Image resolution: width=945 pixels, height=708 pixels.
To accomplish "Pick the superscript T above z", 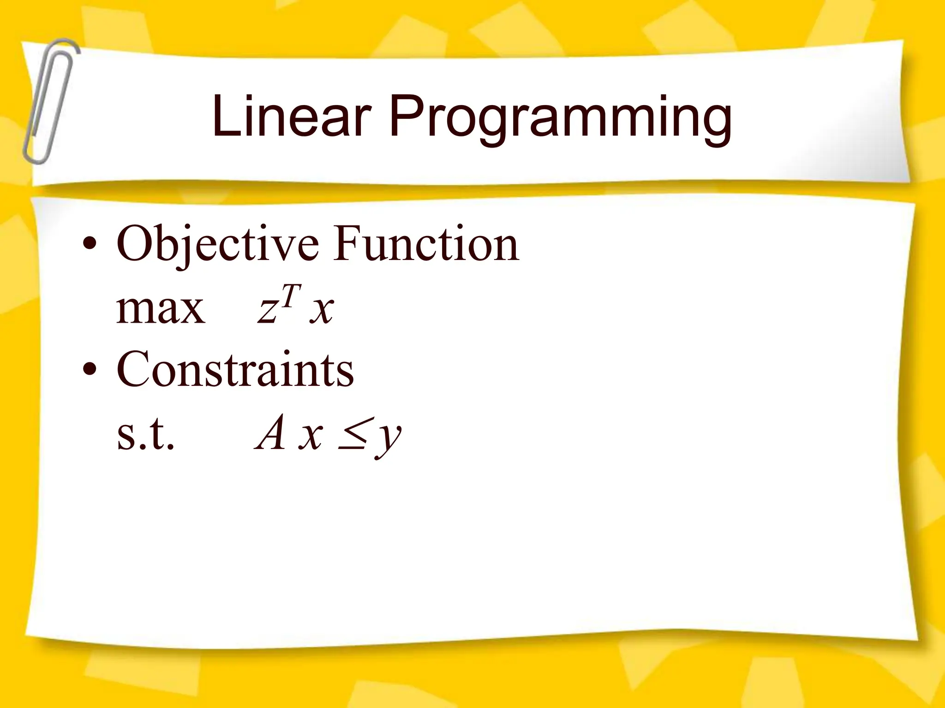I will click(x=292, y=295).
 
